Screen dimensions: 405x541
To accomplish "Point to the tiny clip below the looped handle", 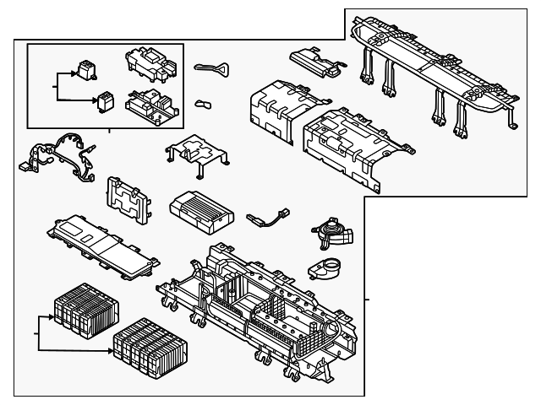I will [x=204, y=104].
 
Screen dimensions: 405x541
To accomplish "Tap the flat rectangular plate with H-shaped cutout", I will [x=127, y=199].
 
